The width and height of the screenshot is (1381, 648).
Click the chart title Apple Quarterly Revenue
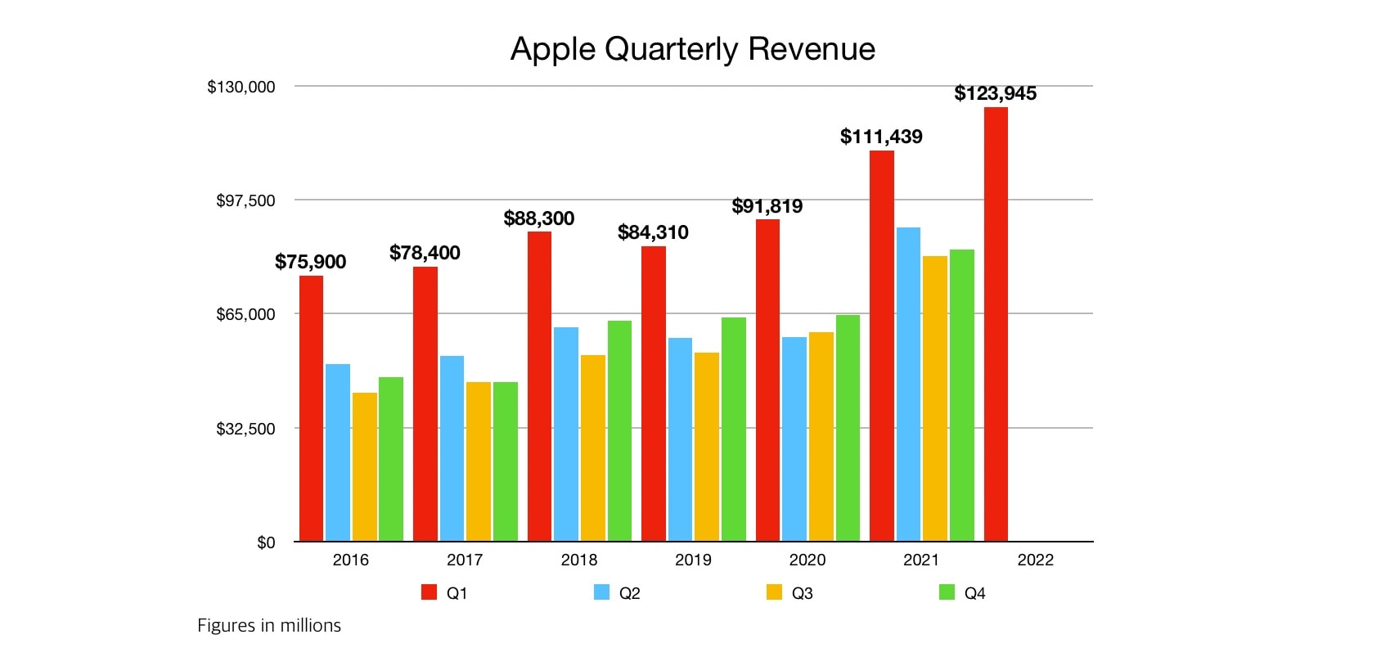[x=692, y=49]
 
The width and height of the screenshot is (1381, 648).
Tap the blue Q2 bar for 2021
[x=908, y=385]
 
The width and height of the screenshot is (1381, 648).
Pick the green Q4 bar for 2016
[x=391, y=459]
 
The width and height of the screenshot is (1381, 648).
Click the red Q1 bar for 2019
[x=654, y=394]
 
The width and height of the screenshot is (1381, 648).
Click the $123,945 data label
[x=995, y=93]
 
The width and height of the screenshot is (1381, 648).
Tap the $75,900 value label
[x=310, y=262]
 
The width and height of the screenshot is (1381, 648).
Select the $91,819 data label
[x=767, y=206]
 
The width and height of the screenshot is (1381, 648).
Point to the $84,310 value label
[x=653, y=232]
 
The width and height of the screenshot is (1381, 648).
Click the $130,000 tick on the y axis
[x=241, y=87]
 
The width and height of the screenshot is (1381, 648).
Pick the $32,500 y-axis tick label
[x=245, y=429]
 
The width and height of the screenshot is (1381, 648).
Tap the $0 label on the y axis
[x=266, y=542]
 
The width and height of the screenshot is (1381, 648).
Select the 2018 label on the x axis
[x=578, y=560]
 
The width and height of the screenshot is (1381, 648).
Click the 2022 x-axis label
[x=1035, y=560]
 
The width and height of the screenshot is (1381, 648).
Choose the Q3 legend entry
[x=789, y=593]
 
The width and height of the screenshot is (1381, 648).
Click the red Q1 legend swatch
[x=429, y=592]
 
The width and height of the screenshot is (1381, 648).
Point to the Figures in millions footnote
[x=269, y=625]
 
